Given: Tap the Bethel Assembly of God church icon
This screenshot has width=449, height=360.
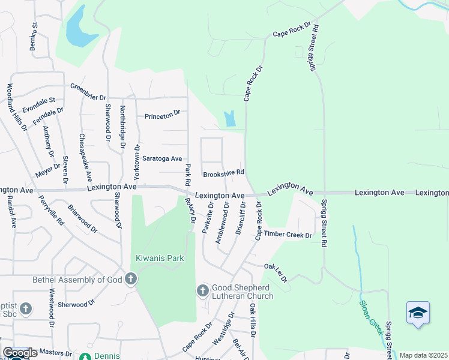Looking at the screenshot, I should tap(131, 279).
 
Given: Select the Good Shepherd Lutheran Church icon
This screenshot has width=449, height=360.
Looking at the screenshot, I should tap(203, 290).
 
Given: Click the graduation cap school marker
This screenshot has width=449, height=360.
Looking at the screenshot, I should tap(418, 313).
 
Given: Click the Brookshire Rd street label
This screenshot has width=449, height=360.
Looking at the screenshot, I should tap(223, 173).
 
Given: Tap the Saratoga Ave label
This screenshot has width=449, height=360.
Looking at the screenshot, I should tap(161, 158).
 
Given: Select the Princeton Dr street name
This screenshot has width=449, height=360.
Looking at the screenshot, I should tap(162, 113).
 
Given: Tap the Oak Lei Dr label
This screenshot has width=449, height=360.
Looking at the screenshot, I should tap(276, 271).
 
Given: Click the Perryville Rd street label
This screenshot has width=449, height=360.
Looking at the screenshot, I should tap(51, 210).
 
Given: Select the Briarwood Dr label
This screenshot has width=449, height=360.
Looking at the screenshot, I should tap(82, 218).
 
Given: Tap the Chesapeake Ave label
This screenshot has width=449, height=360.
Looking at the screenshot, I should tap(85, 157).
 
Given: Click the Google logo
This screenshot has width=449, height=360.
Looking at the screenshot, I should tap(20, 353).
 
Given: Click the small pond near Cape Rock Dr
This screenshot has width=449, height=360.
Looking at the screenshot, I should tap(229, 119).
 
